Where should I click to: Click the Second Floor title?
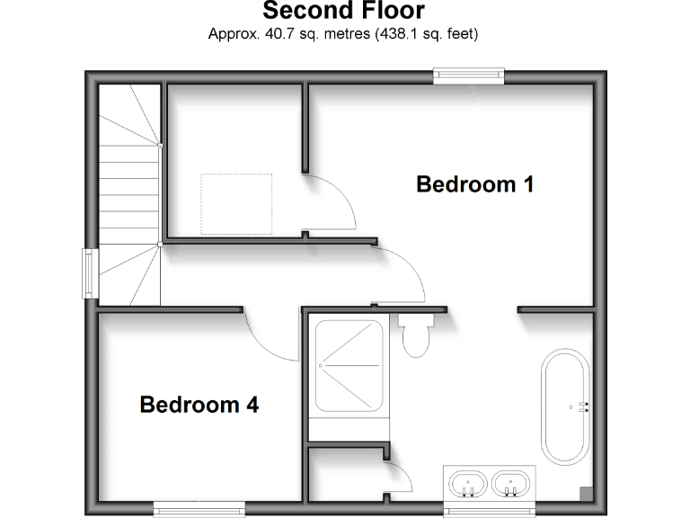click(x=343, y=12)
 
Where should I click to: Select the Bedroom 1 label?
click(x=474, y=184)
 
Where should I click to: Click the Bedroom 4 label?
click(x=199, y=406)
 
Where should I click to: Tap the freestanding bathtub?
click(x=566, y=406)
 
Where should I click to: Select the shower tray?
click(x=349, y=366)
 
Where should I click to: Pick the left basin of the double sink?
click(x=466, y=485)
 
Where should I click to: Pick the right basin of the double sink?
click(x=512, y=485)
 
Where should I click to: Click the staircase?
click(x=128, y=193)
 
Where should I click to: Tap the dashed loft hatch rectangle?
click(x=235, y=203)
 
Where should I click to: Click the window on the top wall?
click(x=468, y=76)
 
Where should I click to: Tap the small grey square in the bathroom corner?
click(x=586, y=493)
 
